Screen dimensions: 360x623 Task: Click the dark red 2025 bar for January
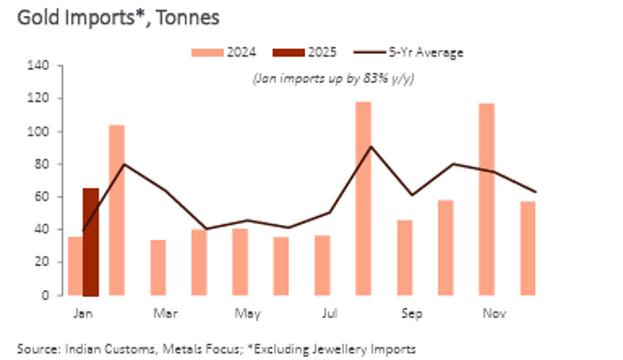90,242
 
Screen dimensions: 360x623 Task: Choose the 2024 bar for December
528,248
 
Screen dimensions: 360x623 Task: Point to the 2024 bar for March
158,267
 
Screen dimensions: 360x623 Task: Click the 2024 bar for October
446,247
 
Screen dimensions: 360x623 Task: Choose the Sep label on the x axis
412,313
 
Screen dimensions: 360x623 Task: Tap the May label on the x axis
247,313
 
